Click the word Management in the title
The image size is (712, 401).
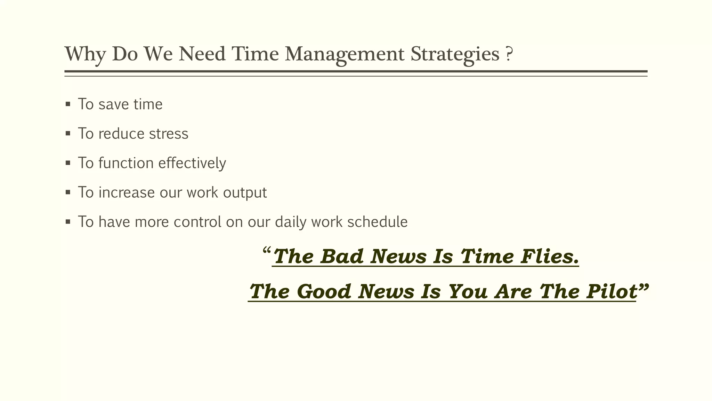point(344,55)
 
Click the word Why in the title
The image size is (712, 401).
point(85,55)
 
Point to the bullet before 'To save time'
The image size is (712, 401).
point(68,104)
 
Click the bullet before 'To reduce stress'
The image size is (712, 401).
point(68,133)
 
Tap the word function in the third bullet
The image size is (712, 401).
point(126,163)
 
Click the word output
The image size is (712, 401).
point(245,193)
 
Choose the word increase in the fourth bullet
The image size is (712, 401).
point(127,192)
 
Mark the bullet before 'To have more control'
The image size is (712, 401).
point(68,222)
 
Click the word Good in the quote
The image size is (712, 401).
point(324,291)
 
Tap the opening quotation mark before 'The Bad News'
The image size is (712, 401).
point(267,251)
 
